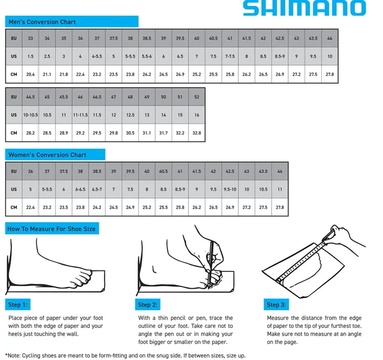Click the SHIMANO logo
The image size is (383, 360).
coord(304,8)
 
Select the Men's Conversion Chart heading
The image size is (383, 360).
coord(42,22)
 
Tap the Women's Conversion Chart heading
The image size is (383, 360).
coord(47,155)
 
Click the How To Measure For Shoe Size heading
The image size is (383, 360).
coord(51,229)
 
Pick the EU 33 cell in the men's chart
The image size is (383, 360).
coord(31,38)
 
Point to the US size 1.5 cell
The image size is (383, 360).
coord(31,56)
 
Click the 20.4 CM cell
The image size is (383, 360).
coord(31,75)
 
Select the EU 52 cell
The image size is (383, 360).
coord(197,97)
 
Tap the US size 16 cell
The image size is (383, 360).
coord(197,115)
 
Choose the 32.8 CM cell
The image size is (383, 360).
coord(197,133)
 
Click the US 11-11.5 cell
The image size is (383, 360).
coord(80,115)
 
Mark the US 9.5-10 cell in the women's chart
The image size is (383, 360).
coord(230,190)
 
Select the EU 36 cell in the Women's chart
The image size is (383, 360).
coord(31,171)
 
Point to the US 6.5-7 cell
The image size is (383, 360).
coord(97,190)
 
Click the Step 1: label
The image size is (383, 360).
coord(18,305)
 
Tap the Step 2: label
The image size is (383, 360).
coord(147,305)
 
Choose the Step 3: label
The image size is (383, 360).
coord(276,305)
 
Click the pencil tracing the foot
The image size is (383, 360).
coord(211,259)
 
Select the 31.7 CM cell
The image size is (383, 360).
coord(163,133)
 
